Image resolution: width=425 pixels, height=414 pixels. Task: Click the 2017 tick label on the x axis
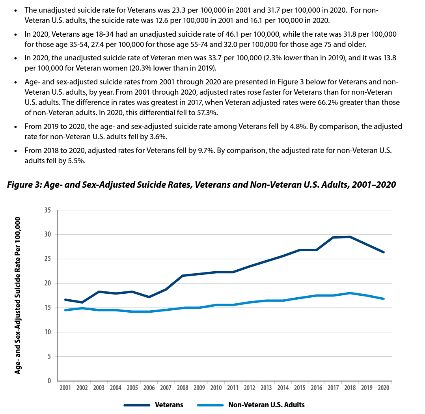333,388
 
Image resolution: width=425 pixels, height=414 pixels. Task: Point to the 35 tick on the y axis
47,210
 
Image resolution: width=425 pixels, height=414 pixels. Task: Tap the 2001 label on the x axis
65,388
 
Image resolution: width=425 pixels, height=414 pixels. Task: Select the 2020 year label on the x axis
383,388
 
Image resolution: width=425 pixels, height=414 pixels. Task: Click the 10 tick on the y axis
47,332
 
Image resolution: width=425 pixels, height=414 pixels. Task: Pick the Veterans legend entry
153,405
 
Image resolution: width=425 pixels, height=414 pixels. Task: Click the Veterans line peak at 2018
350,237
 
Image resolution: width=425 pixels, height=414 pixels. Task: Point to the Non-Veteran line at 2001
65,310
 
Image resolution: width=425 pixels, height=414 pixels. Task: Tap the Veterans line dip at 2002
82,302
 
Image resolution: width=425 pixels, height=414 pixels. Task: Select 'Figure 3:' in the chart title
24,185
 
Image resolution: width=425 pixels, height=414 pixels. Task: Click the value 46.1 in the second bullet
232,34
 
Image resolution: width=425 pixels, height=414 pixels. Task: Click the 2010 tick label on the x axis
216,388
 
